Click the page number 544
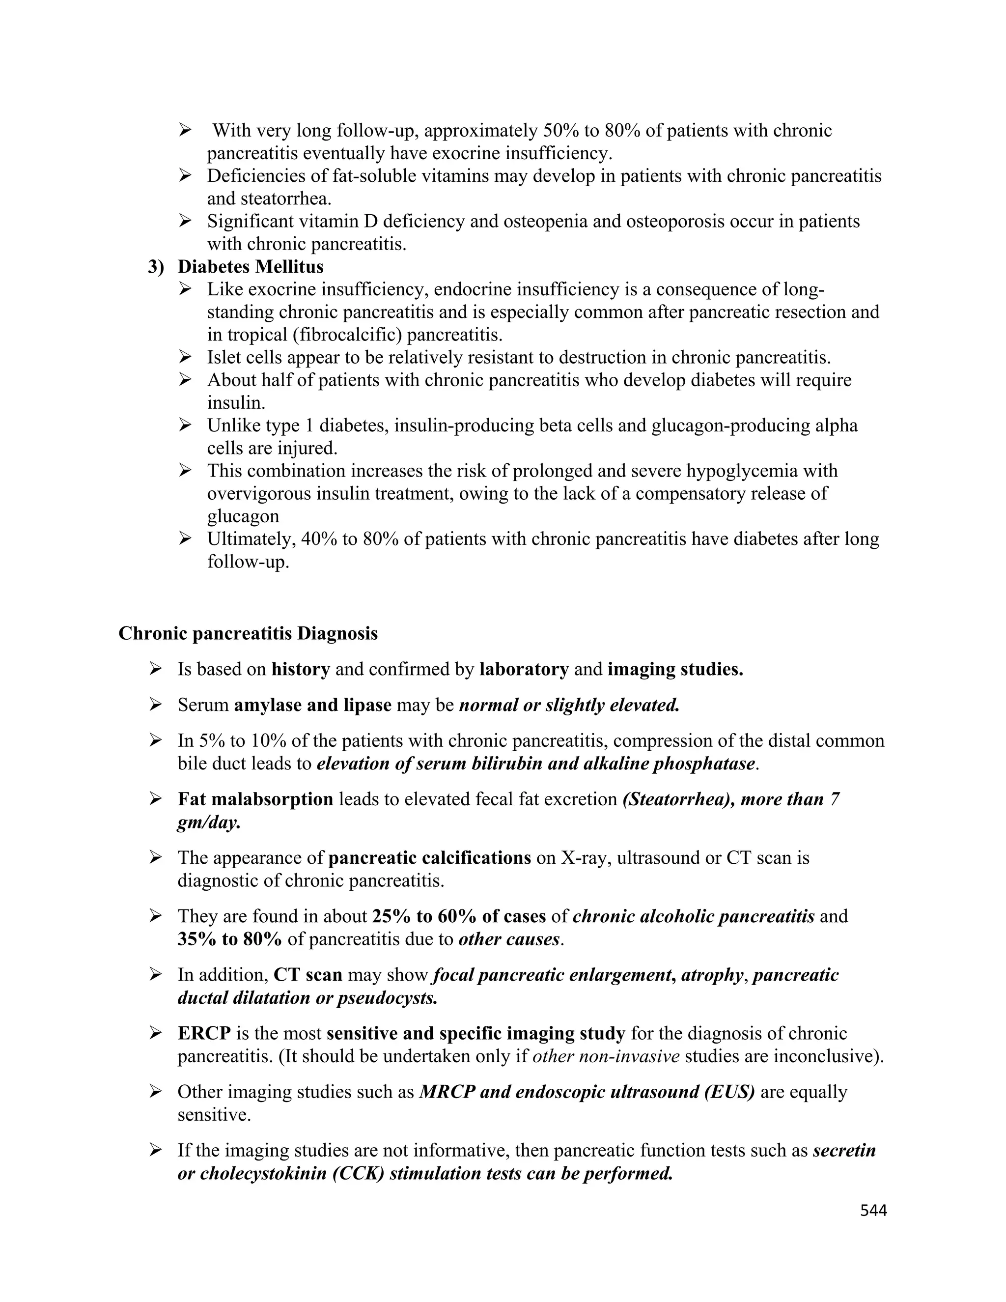(873, 1210)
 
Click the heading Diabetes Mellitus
(251, 266)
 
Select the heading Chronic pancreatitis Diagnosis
(248, 633)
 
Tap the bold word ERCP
(204, 1033)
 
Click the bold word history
(300, 670)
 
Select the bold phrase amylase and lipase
(312, 705)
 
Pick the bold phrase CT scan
(307, 975)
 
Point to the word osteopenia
(545, 222)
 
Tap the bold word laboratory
(524, 670)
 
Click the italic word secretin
(844, 1151)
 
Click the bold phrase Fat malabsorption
(255, 799)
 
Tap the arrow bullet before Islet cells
(185, 358)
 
